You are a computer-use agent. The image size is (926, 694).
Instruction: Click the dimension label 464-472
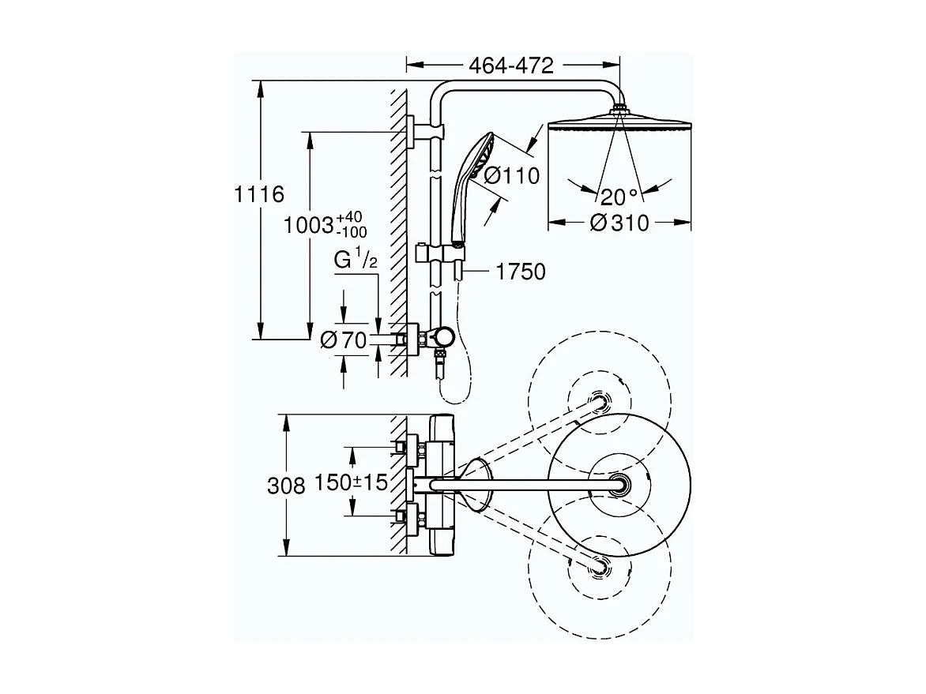pyautogui.click(x=512, y=66)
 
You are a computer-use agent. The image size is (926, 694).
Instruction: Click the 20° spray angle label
pyautogui.click(x=618, y=197)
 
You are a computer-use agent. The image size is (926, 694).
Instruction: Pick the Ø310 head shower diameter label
pyautogui.click(x=619, y=223)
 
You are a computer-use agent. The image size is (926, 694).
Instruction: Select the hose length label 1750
pyautogui.click(x=521, y=272)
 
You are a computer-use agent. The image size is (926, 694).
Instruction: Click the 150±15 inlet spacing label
pyautogui.click(x=351, y=482)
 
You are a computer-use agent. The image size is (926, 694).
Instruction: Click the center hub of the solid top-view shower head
pyautogui.click(x=620, y=485)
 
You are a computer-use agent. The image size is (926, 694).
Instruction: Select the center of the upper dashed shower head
pyautogui.click(x=600, y=401)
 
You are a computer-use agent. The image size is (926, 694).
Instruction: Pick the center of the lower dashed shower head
pyautogui.click(x=600, y=565)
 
